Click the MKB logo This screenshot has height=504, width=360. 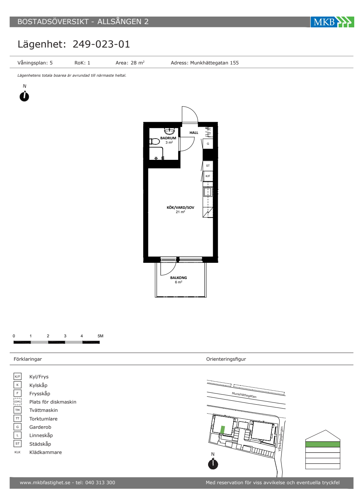tap(332, 22)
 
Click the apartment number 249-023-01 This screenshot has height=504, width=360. tap(101, 44)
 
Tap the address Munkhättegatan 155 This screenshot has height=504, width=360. tap(214, 63)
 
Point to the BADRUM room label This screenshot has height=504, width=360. tap(168, 138)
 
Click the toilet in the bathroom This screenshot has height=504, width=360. tap(154, 141)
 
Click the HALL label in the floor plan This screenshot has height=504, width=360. tap(194, 133)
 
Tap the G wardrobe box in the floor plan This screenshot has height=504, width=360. tap(208, 144)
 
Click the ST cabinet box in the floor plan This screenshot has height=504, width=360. tap(208, 166)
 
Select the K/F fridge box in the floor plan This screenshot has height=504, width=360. tap(208, 176)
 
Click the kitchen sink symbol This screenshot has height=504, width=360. tap(208, 192)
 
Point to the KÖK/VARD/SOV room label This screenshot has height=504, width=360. tap(180, 207)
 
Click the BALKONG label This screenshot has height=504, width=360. tap(179, 278)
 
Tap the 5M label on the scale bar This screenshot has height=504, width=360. tap(100, 336)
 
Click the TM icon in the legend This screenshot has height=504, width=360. tap(18, 410)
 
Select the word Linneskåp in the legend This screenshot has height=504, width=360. tap(41, 435)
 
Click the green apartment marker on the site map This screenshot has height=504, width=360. tap(222, 429)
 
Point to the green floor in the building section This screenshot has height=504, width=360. tap(323, 444)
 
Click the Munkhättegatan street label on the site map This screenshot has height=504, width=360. tap(244, 395)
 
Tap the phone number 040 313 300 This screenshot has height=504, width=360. tap(100, 482)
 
